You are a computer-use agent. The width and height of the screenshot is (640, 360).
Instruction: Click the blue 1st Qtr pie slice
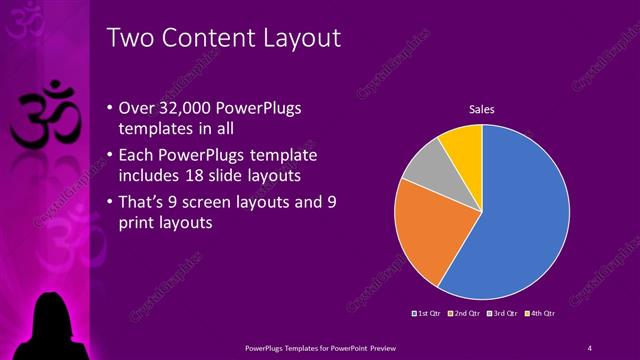coord(520,215)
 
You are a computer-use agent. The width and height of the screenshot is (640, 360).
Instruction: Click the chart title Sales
coord(482,109)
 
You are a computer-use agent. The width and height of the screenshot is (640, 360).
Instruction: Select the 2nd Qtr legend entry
coord(466,313)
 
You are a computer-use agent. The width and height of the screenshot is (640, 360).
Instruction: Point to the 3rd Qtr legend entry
coord(503,313)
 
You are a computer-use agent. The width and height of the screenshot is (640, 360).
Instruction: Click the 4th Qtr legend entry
coord(541,313)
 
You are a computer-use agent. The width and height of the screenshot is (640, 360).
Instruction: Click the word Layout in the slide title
coord(294,38)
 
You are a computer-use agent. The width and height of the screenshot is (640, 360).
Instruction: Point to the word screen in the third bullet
coord(206,203)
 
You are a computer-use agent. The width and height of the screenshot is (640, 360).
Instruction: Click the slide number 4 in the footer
coord(590,347)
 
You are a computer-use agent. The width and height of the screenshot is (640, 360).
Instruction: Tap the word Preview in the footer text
coord(386,347)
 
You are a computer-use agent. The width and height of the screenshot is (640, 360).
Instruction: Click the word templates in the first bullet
coord(160,131)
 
